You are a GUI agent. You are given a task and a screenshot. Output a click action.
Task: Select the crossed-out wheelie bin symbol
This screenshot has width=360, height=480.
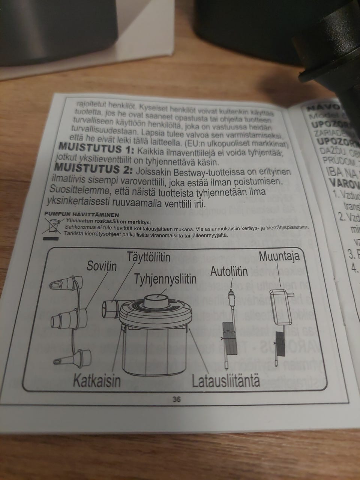click(52, 226)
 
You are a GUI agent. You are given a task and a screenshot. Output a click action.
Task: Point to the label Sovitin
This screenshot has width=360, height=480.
click(102, 267)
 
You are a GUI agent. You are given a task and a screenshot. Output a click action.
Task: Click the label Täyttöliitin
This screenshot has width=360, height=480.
click(148, 257)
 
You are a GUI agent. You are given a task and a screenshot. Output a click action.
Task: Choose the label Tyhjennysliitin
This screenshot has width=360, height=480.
click(165, 279)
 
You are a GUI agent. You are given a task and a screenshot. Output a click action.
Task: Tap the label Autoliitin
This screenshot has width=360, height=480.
click(229, 271)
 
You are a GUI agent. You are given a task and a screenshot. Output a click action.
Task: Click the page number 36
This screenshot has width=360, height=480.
click(177, 400)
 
